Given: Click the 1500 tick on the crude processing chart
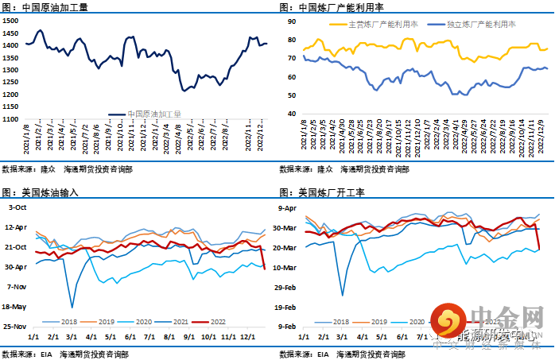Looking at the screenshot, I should point(11,20).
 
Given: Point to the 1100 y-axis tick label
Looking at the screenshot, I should point(11,119).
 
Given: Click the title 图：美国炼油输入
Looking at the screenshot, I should point(40,192).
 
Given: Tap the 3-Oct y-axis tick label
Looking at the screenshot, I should point(17,207).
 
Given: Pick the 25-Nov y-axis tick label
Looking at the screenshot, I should point(16,326).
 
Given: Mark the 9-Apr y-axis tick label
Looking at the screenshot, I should point(286,208).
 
